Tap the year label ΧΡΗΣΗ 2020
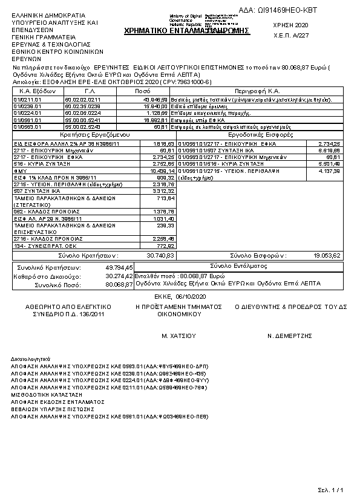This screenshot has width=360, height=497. pyautogui.click(x=291, y=25)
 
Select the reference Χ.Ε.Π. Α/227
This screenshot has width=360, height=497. pyautogui.click(x=292, y=35)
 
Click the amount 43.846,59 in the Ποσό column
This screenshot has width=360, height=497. pyautogui.click(x=155, y=98)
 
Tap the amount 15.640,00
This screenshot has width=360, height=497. pyautogui.click(x=155, y=105)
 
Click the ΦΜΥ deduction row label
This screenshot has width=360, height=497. pyautogui.click(x=19, y=171)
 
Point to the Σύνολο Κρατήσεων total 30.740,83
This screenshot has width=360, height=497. pyautogui.click(x=161, y=256)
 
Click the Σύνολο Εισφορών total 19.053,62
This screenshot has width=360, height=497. pyautogui.click(x=327, y=256)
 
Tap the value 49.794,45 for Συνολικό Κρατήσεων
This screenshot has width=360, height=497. pyautogui.click(x=120, y=267)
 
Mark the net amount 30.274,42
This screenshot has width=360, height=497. pyautogui.click(x=120, y=276)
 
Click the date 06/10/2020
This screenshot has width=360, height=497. pyautogui.click(x=191, y=297)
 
